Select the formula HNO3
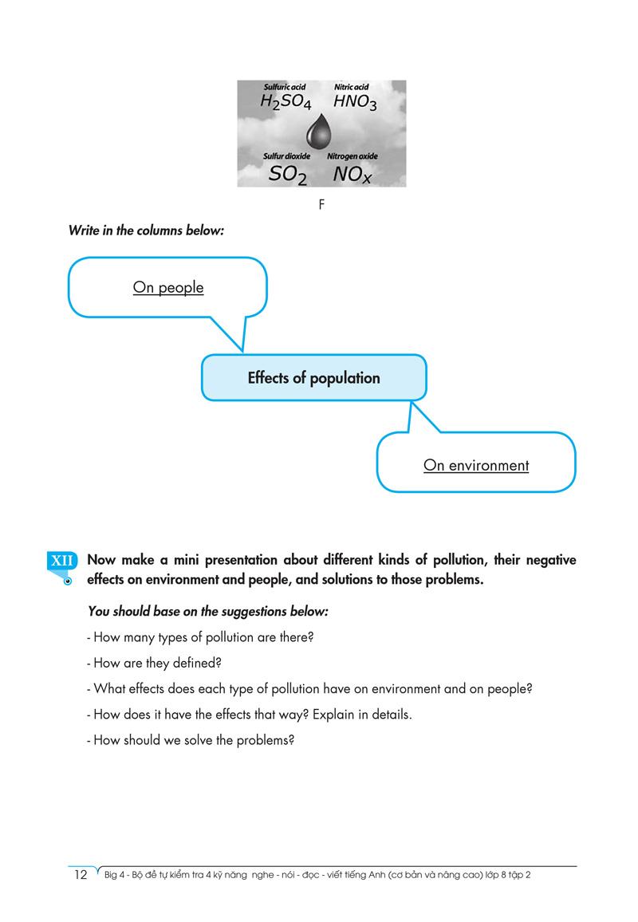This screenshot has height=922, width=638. [x=355, y=102]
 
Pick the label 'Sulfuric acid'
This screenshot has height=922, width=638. [x=285, y=86]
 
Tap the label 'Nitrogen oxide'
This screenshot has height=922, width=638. [x=352, y=156]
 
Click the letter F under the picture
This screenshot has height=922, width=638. [x=321, y=205]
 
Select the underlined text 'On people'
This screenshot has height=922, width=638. [x=168, y=287]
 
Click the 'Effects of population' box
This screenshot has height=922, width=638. [x=313, y=378]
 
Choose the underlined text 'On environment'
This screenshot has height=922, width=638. [x=476, y=465]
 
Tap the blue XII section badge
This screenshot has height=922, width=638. [x=62, y=561]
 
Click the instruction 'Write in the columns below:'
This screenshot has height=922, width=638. [x=147, y=230]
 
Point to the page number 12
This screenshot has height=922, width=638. [x=80, y=875]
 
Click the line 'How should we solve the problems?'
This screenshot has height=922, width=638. [x=191, y=739]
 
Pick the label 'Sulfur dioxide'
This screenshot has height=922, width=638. [x=286, y=156]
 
